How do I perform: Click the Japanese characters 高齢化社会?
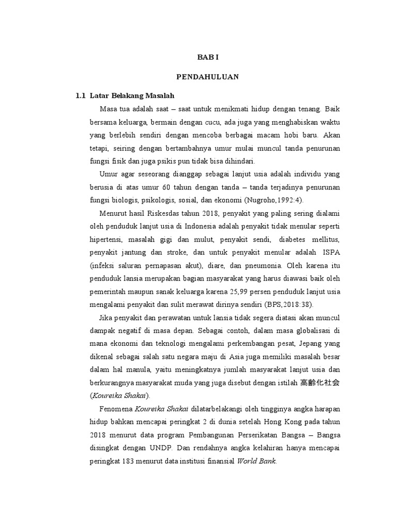click(322, 383)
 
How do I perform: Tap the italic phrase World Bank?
click(257, 461)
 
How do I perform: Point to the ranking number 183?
click(128, 461)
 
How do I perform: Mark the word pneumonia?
click(258, 266)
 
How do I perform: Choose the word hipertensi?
click(105, 240)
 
